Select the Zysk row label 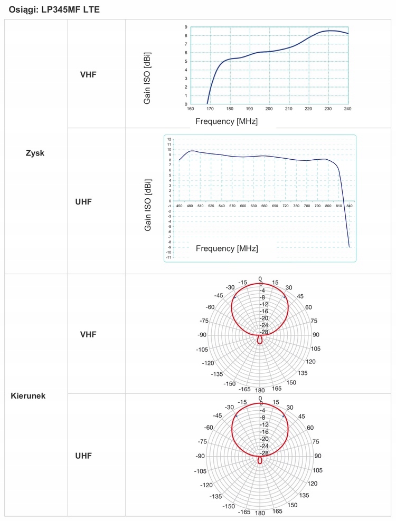[35, 153]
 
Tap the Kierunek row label [28, 395]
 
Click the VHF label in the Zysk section [88, 74]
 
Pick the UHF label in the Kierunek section [83, 456]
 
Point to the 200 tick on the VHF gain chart [269, 109]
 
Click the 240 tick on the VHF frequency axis [347, 109]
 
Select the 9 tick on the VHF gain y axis [186, 27]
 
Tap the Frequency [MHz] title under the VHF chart [227, 121]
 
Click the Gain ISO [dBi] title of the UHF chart [148, 205]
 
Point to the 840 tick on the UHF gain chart [350, 206]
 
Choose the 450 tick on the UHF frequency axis [179, 206]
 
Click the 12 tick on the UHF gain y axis [169, 139]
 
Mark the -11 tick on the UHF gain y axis [169, 257]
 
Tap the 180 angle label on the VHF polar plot [260, 391]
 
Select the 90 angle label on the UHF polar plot [317, 456]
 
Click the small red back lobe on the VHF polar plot [260, 340]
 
